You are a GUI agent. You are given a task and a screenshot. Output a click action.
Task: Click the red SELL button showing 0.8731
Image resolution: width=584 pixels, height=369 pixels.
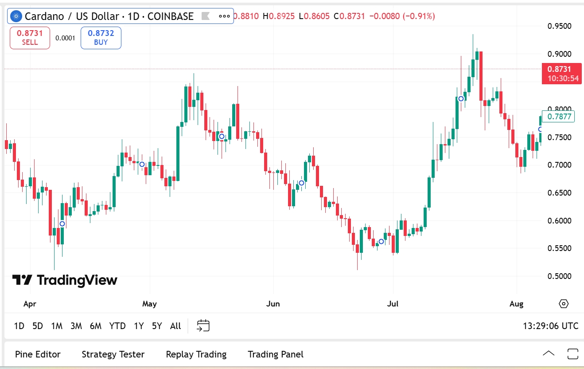(30, 38)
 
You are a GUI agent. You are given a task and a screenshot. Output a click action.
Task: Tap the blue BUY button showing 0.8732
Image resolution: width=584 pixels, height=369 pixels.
(101, 38)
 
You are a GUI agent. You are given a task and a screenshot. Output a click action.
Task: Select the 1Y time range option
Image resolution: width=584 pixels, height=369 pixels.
(139, 326)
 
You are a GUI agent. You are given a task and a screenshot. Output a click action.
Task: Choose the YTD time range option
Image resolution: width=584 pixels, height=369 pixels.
(117, 326)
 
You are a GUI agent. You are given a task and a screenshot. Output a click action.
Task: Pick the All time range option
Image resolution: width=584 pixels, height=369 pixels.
(175, 326)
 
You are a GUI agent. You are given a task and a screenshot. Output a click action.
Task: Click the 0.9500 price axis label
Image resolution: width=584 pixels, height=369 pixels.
(559, 26)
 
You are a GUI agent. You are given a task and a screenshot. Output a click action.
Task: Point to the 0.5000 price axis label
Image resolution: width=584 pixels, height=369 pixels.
(559, 276)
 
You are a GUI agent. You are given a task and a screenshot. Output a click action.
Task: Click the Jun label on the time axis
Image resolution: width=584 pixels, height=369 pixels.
(273, 304)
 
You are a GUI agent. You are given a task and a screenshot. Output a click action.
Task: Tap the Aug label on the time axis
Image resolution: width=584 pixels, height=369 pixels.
(516, 304)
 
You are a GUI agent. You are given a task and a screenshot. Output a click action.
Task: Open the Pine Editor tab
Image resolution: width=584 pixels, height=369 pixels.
(38, 354)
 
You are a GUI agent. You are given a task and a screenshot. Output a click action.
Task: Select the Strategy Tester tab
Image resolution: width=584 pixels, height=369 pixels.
(113, 354)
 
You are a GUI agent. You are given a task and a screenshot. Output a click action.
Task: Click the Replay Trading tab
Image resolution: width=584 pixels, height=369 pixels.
(196, 354)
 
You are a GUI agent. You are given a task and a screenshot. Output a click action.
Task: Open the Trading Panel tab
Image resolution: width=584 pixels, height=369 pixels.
(276, 354)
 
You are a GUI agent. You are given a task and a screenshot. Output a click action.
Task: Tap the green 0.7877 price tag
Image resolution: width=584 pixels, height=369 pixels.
(558, 117)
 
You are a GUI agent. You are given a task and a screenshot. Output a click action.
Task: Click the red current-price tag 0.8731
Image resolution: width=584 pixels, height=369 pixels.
(561, 73)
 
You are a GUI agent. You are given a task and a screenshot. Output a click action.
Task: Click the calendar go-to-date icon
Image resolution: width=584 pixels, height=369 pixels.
(203, 326)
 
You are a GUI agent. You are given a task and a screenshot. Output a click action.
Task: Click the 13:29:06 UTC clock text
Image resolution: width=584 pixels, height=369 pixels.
(550, 326)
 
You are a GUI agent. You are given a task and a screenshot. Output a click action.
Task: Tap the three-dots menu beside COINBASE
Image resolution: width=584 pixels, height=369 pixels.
(224, 16)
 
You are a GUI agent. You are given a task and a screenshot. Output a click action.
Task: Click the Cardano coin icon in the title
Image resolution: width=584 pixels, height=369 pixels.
(17, 16)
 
